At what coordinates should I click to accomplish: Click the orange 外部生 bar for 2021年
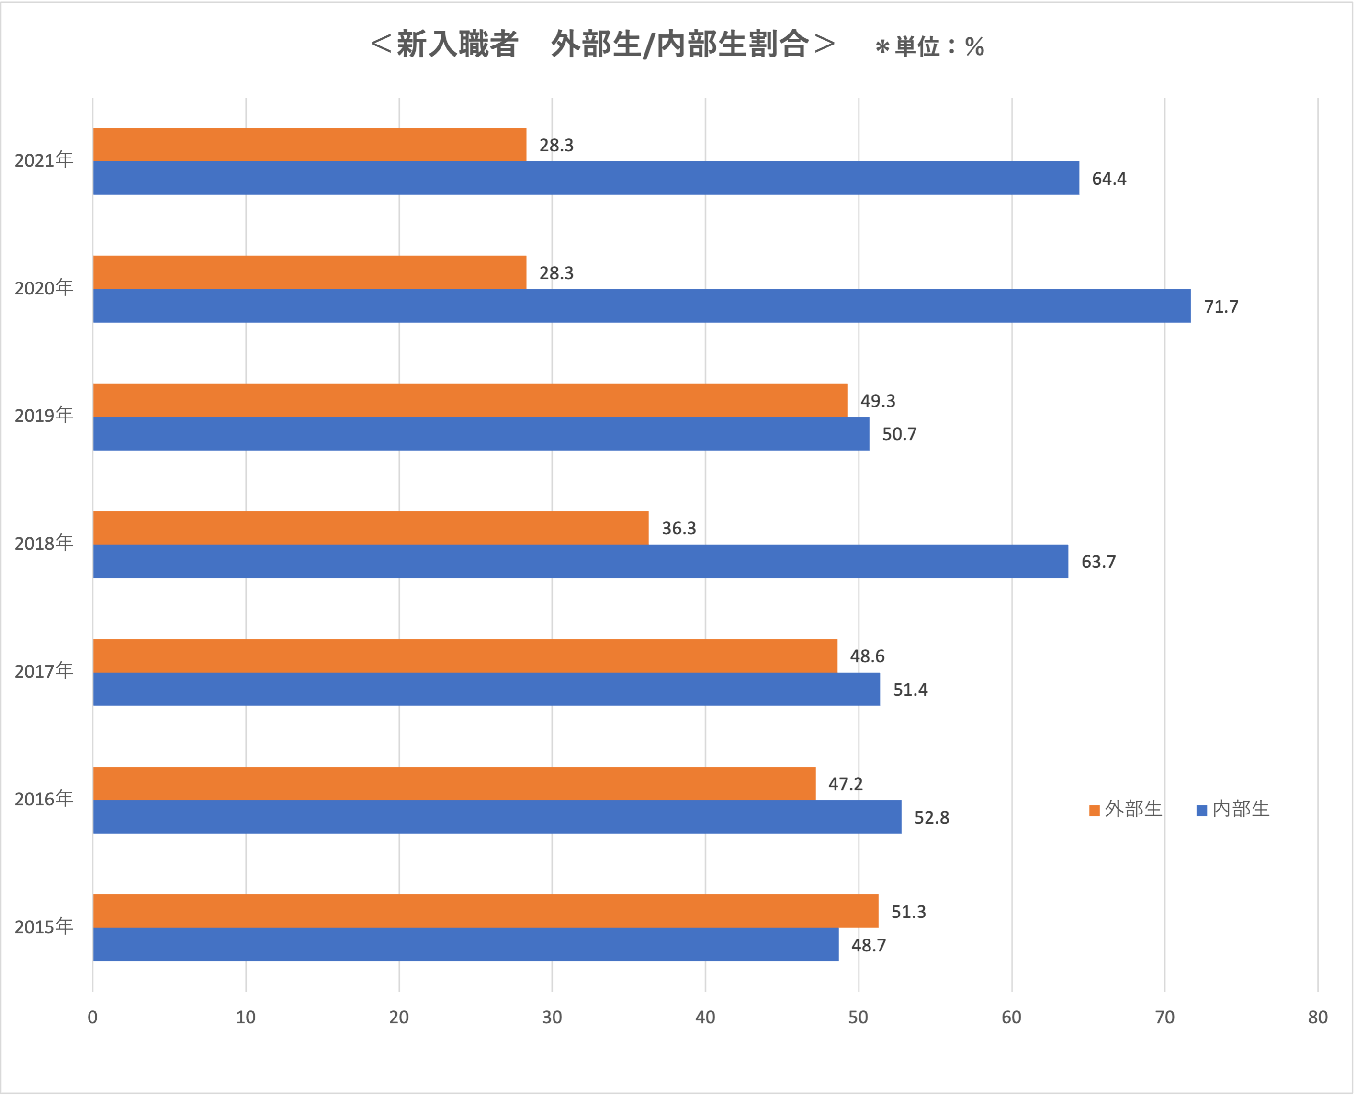coord(310,145)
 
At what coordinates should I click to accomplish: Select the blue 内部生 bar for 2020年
coord(641,306)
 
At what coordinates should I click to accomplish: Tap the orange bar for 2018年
coord(371,528)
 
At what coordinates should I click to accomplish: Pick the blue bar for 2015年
coord(466,945)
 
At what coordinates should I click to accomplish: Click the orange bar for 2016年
coord(454,783)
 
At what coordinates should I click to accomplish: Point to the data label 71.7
coord(1221,307)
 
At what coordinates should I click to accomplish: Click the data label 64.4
coord(1109,179)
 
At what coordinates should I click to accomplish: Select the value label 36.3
coord(678,528)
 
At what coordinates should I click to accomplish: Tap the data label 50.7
coord(899,434)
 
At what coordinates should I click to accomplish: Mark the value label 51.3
coord(908,912)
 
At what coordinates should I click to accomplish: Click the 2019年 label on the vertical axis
coord(44,415)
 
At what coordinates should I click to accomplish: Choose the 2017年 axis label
coord(44,670)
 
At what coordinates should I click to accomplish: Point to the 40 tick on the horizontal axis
coord(705,1018)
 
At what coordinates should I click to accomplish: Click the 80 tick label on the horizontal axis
coord(1318,1018)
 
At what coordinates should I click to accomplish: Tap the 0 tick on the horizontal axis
coord(93,1018)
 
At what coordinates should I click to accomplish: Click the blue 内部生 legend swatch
coord(1202,811)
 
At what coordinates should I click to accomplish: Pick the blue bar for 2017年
coord(486,689)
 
